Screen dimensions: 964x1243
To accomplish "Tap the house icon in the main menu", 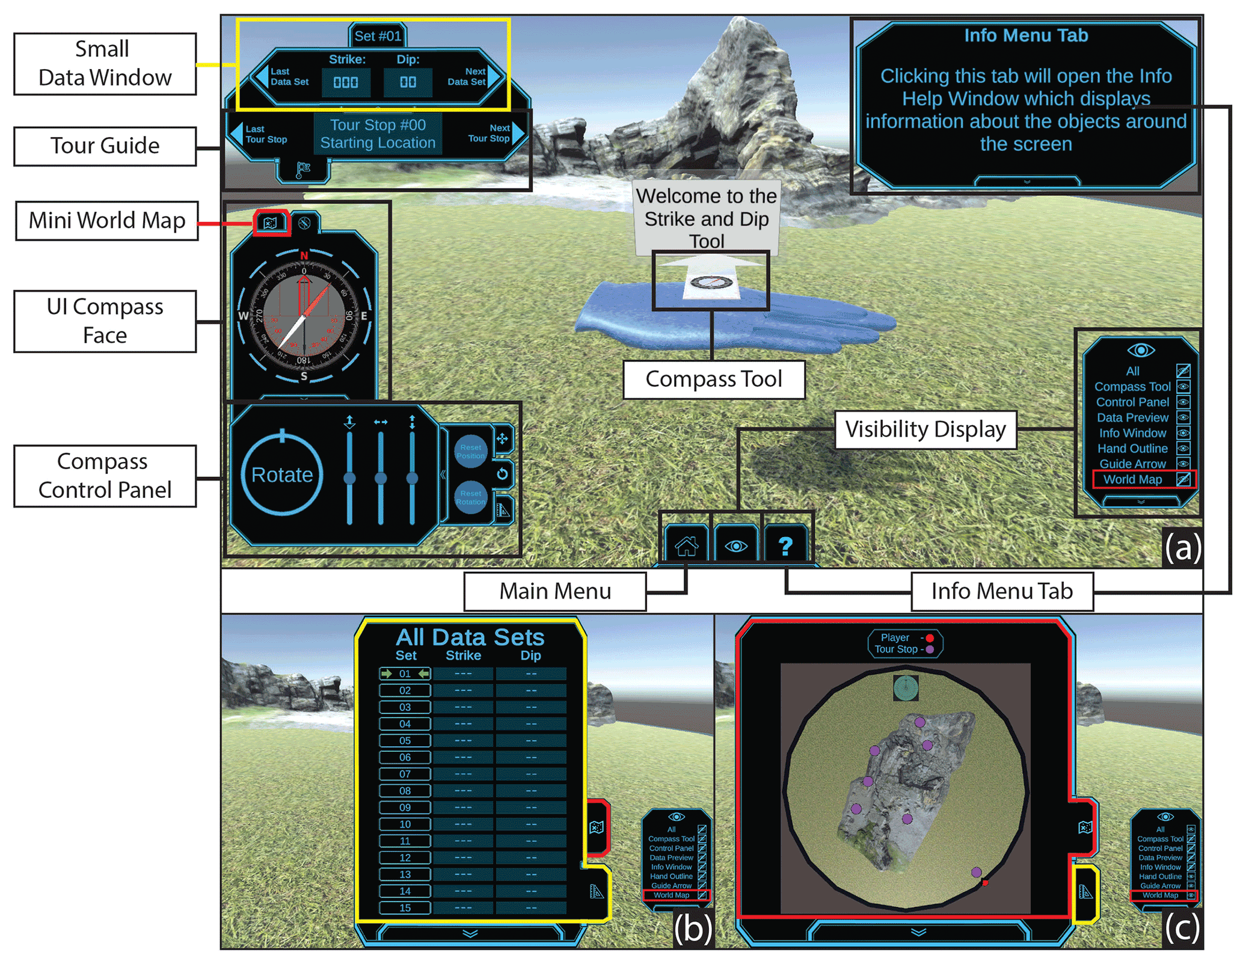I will pyautogui.click(x=686, y=545).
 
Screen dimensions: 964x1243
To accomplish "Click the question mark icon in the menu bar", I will pyautogui.click(x=785, y=545).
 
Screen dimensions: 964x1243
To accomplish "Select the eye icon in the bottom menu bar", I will pyautogui.click(x=736, y=545).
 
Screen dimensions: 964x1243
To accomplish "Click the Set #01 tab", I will pyautogui.click(x=378, y=36).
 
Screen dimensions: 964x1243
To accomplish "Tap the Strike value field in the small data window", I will pyautogui.click(x=346, y=82).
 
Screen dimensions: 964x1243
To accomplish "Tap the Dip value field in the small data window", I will pyautogui.click(x=408, y=82).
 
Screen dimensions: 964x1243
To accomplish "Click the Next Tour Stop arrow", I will pyautogui.click(x=518, y=133).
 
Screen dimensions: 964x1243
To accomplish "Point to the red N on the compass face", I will pyautogui.click(x=304, y=256).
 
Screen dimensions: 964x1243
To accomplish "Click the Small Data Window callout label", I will pyautogui.click(x=105, y=64).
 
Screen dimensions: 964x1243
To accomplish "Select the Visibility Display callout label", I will pyautogui.click(x=925, y=429).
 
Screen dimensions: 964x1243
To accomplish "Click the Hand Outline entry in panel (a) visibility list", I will pyautogui.click(x=1132, y=448).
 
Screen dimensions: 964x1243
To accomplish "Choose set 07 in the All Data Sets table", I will pyautogui.click(x=405, y=774).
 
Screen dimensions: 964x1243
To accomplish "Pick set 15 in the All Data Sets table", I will pyautogui.click(x=405, y=907).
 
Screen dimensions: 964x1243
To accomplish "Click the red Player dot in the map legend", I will pyautogui.click(x=930, y=638).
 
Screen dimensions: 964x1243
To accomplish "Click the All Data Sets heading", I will pyautogui.click(x=470, y=637).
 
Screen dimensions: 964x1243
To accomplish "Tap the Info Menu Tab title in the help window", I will pyautogui.click(x=1025, y=35).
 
